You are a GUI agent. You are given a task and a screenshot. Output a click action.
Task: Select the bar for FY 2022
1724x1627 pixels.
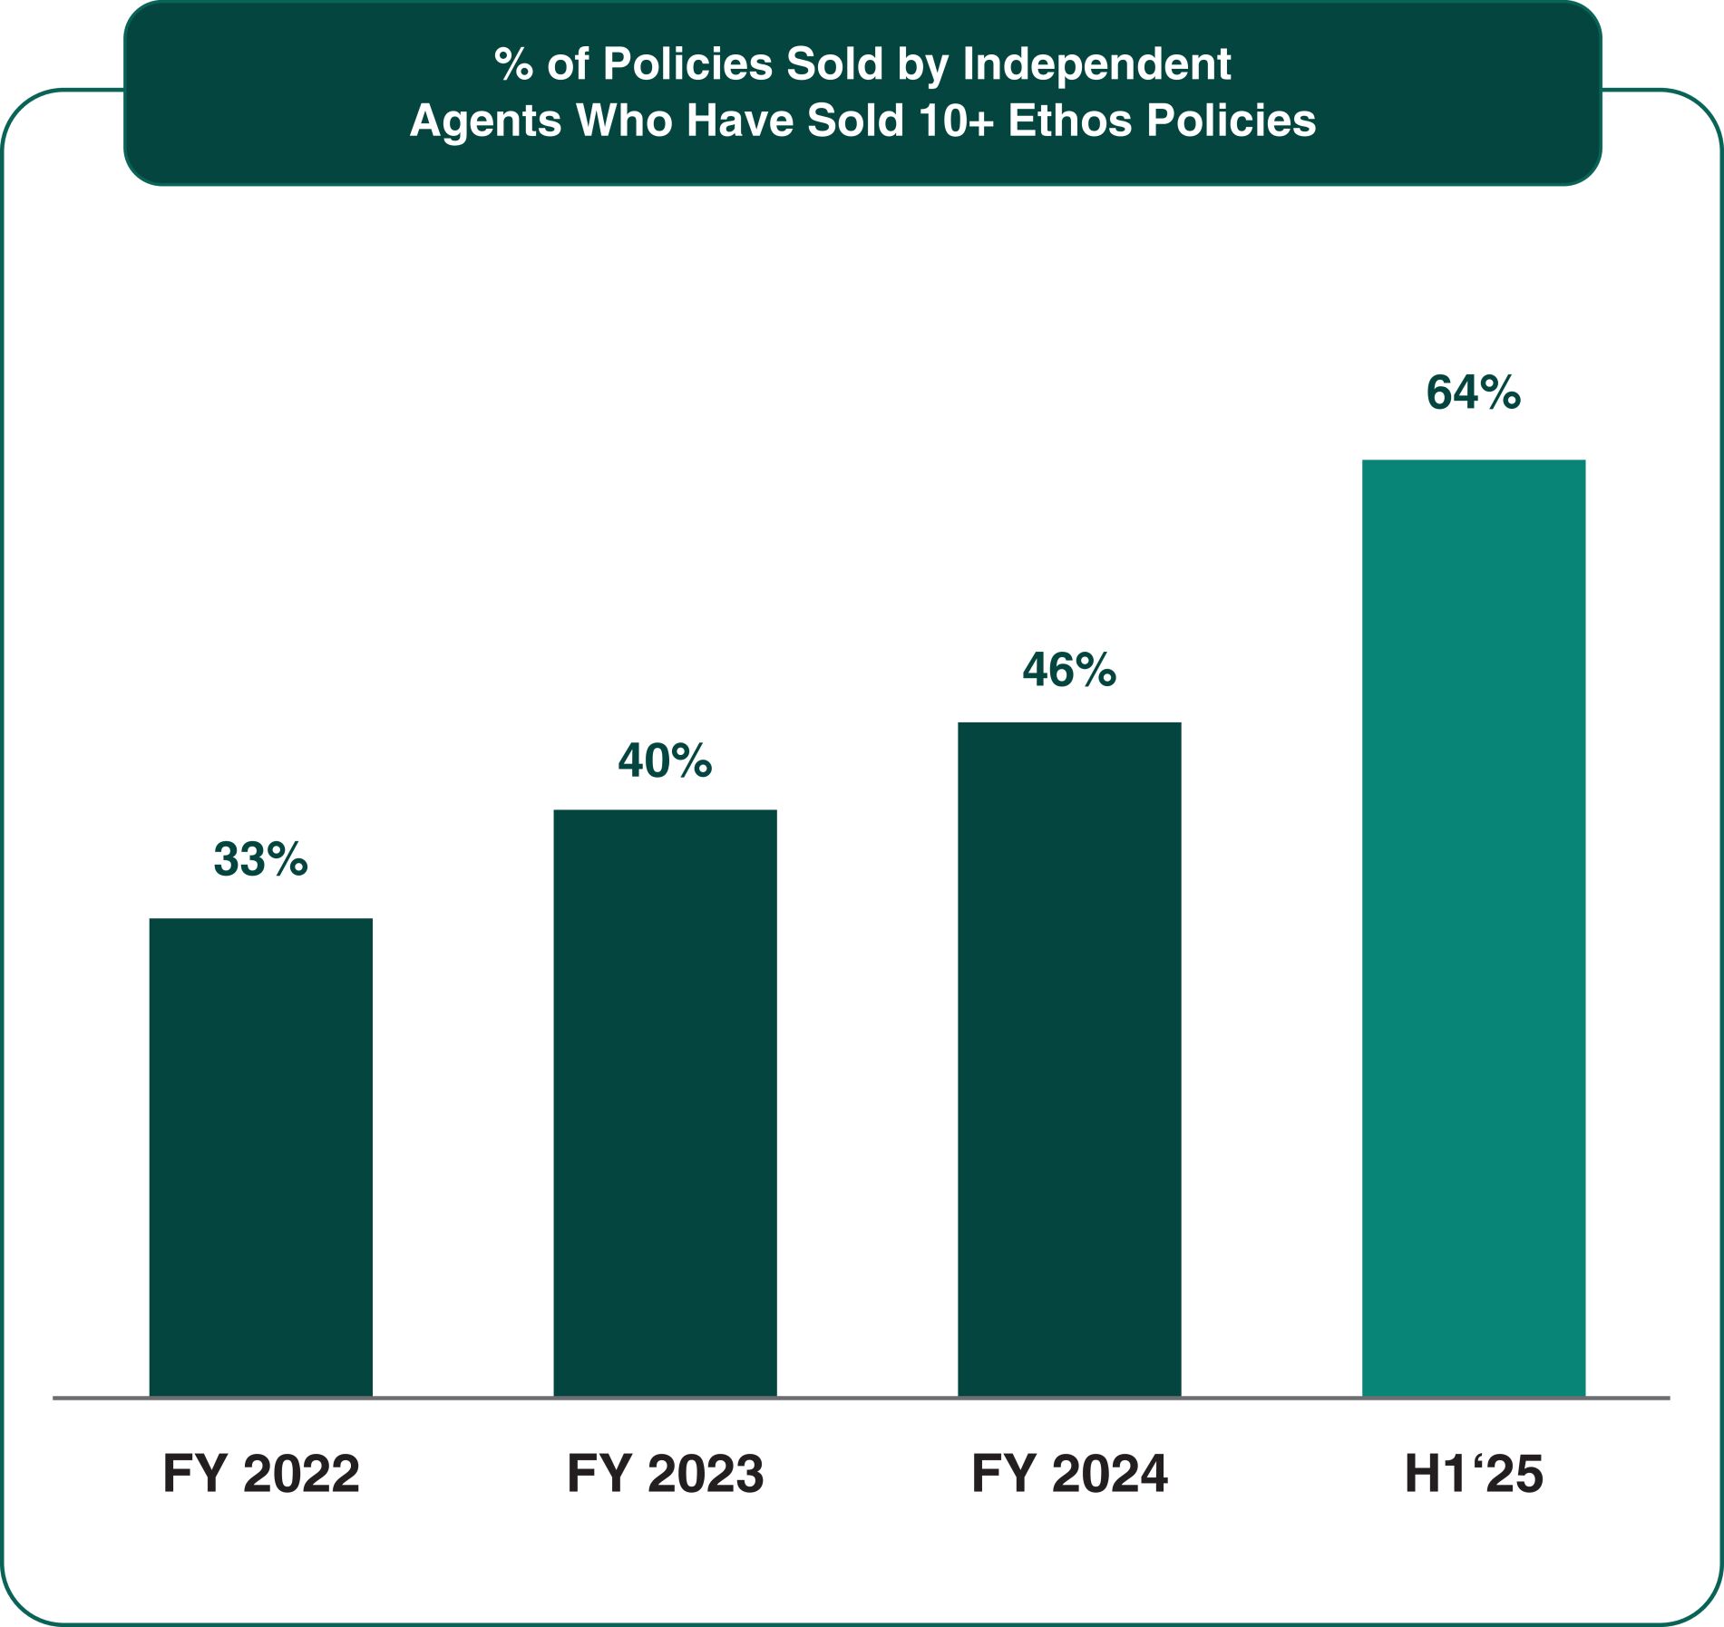[260, 1157]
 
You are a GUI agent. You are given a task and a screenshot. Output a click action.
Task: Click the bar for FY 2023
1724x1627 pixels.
[665, 1103]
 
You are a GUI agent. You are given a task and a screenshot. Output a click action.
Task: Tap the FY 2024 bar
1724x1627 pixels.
[1069, 1060]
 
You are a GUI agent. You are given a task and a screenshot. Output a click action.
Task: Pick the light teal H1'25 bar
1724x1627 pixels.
[1473, 928]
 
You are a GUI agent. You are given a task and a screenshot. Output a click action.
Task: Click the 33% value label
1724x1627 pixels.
[260, 858]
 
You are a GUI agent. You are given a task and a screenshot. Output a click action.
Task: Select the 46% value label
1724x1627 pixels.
[1069, 670]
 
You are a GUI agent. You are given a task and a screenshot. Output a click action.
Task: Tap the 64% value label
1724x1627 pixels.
[1473, 392]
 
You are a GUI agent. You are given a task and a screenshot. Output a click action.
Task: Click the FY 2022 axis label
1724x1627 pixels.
[260, 1474]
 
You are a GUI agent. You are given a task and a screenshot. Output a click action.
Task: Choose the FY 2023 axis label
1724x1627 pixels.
[665, 1474]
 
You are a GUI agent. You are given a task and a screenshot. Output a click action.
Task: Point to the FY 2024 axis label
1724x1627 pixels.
[1069, 1474]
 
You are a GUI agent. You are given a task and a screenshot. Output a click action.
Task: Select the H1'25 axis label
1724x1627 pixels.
[1473, 1474]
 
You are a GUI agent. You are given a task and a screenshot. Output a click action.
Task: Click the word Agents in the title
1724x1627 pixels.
[485, 121]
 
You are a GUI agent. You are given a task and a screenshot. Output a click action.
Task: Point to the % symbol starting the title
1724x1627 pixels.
[513, 64]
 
